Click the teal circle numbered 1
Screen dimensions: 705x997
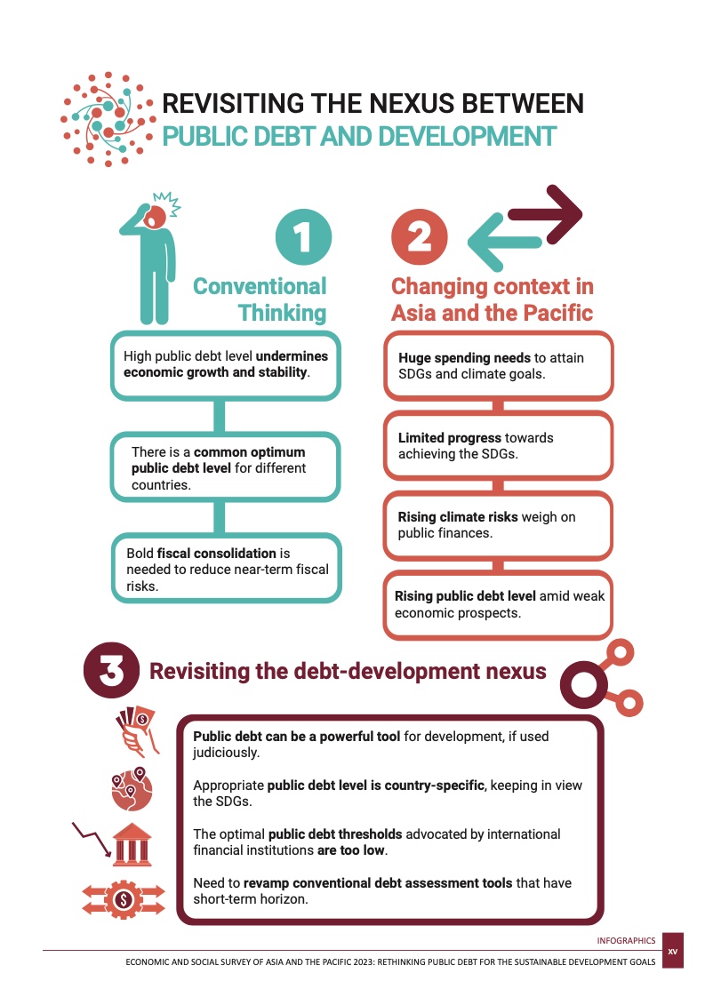coord(303,236)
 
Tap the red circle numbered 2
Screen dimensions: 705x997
coord(420,236)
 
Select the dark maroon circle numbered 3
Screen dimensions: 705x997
coord(111,670)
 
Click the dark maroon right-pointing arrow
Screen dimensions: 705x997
coord(545,214)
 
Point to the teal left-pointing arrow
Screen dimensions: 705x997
coord(505,242)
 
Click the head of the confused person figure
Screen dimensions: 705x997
coord(155,217)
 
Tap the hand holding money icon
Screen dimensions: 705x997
coord(136,731)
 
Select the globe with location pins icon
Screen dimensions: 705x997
coord(132,789)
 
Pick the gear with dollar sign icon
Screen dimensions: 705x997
coord(124,900)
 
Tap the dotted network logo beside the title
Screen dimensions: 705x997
coord(108,119)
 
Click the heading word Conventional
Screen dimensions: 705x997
coord(260,286)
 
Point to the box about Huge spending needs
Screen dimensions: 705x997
coord(498,365)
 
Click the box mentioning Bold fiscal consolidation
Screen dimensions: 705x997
coord(227,568)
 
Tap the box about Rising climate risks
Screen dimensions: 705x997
coord(498,525)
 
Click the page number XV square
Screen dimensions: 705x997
coord(672,951)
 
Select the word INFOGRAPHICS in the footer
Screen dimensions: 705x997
coord(626,940)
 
